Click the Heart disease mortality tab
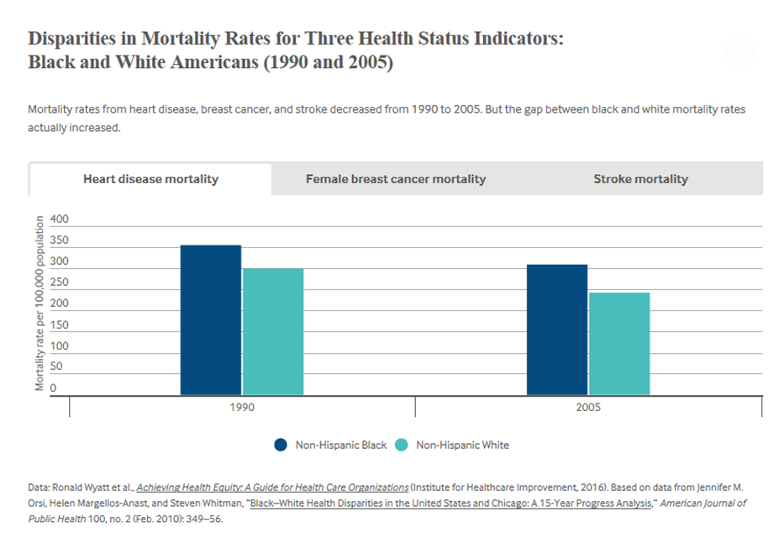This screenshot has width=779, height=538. pyautogui.click(x=150, y=179)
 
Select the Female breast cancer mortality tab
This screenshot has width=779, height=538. pyautogui.click(x=395, y=179)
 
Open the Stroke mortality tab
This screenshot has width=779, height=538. pyautogui.click(x=640, y=179)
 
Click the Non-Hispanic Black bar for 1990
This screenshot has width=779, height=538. pyautogui.click(x=211, y=320)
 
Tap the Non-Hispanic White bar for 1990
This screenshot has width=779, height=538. pyautogui.click(x=273, y=332)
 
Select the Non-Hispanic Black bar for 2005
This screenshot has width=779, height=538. pyautogui.click(x=557, y=330)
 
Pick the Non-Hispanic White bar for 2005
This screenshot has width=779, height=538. pyautogui.click(x=619, y=344)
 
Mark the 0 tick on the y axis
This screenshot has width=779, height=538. pyautogui.click(x=53, y=388)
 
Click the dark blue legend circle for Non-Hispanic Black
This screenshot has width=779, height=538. pyautogui.click(x=281, y=445)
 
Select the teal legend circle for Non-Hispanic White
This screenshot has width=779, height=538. pyautogui.click(x=402, y=445)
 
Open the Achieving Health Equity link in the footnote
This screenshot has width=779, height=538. pyautogui.click(x=272, y=487)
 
